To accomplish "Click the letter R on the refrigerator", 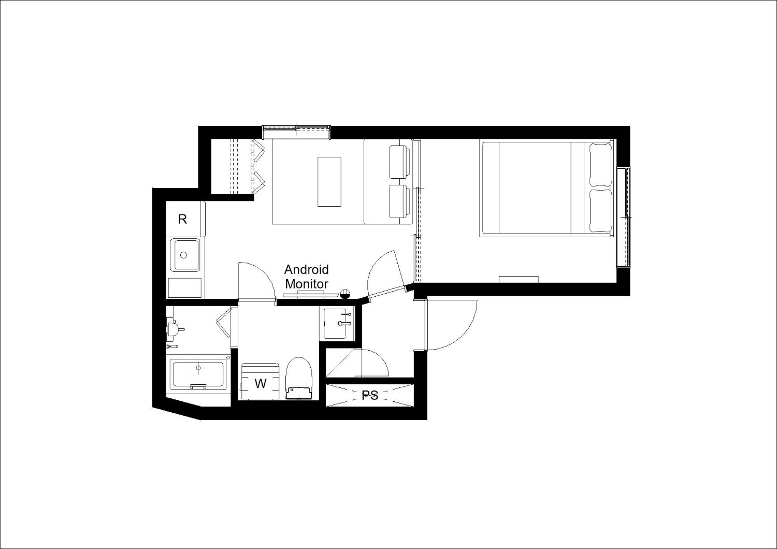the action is pyautogui.click(x=182, y=219).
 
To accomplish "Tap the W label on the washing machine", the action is pyautogui.click(x=261, y=384).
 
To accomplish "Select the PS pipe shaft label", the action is pyautogui.click(x=370, y=395).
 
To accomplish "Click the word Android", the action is pyautogui.click(x=306, y=269).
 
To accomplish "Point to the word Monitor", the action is pyautogui.click(x=306, y=284).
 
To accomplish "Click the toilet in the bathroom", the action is pyautogui.click(x=299, y=379).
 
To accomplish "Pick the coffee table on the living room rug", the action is pyautogui.click(x=329, y=182).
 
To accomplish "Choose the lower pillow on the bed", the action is pyautogui.click(x=600, y=210).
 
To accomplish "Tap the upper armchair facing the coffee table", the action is pyautogui.click(x=400, y=162).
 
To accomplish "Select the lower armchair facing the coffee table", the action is pyautogui.click(x=400, y=201).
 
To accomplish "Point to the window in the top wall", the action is pyautogui.click(x=296, y=132).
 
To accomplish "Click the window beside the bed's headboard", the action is pyautogui.click(x=623, y=217).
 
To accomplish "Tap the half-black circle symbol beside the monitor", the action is pyautogui.click(x=345, y=294).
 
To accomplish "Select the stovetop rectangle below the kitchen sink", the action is pyautogui.click(x=184, y=287).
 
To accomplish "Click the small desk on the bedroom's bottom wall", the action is pyautogui.click(x=519, y=279).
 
